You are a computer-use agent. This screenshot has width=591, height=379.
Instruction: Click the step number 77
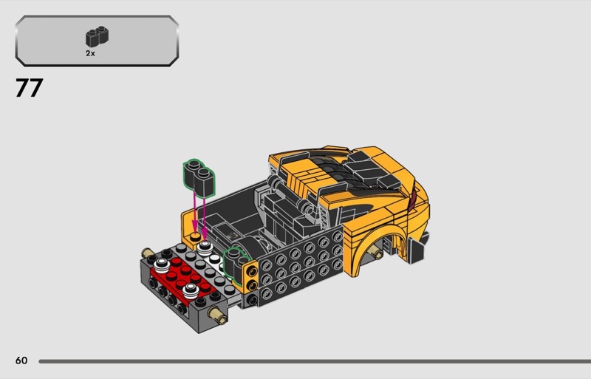[x=29, y=88]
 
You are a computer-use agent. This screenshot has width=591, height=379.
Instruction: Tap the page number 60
[x=21, y=361]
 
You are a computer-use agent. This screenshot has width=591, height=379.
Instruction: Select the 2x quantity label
[x=90, y=53]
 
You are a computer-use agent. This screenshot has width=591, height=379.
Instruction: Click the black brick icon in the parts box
[x=98, y=37]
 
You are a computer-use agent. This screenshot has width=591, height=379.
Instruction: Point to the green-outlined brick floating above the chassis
[x=199, y=178]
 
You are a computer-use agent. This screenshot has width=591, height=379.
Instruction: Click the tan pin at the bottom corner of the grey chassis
[x=218, y=315]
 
